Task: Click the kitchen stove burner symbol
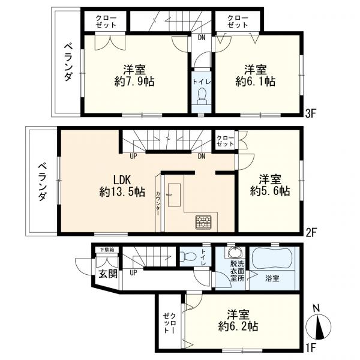click(x=202, y=222)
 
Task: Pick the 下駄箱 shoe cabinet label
click(x=107, y=249)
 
